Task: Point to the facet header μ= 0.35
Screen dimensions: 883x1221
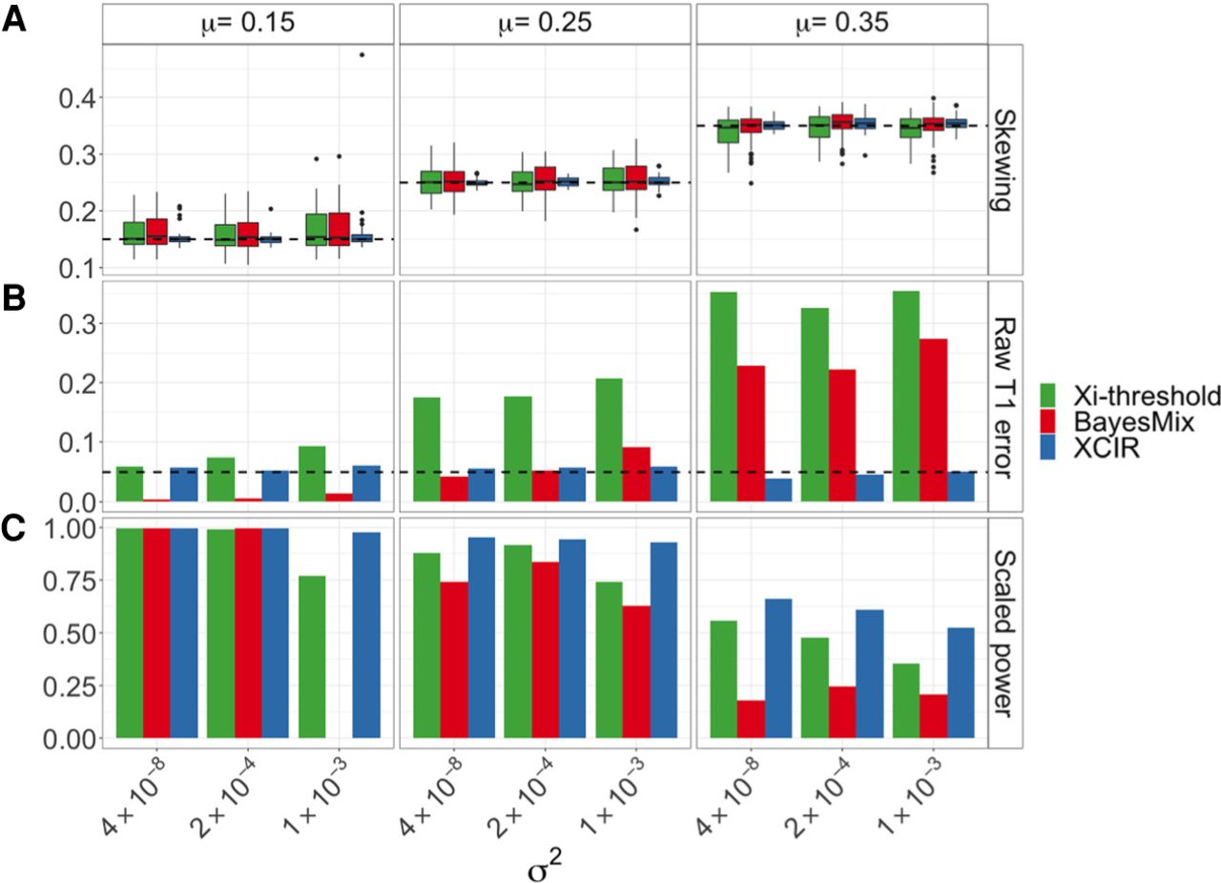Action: click(x=841, y=22)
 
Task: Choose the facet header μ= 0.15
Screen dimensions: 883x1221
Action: click(x=248, y=22)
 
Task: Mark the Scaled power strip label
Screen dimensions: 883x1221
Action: click(x=1005, y=632)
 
